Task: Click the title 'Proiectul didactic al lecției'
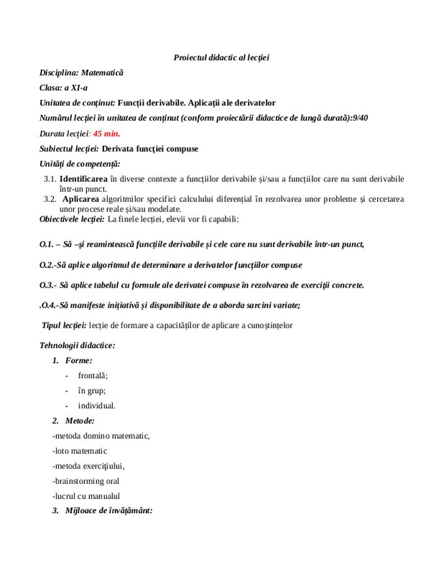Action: pos(221,57)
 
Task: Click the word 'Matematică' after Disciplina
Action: pos(102,73)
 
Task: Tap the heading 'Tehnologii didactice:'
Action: pos(77,346)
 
